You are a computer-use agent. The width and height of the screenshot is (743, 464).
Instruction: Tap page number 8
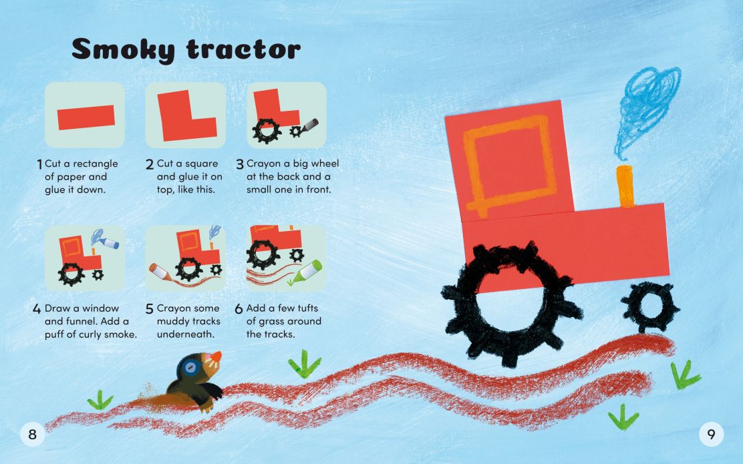31,435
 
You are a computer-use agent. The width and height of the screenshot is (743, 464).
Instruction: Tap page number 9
711,435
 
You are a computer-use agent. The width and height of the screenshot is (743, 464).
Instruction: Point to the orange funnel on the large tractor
626,186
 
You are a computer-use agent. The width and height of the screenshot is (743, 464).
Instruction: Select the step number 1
39,164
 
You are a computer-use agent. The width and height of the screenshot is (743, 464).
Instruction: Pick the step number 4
37,310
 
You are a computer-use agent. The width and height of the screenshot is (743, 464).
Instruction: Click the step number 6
239,310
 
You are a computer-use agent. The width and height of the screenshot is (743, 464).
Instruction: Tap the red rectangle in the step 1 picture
86,118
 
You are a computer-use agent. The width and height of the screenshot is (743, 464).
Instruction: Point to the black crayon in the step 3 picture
310,126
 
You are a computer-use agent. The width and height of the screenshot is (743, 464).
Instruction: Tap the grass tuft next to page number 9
623,417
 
